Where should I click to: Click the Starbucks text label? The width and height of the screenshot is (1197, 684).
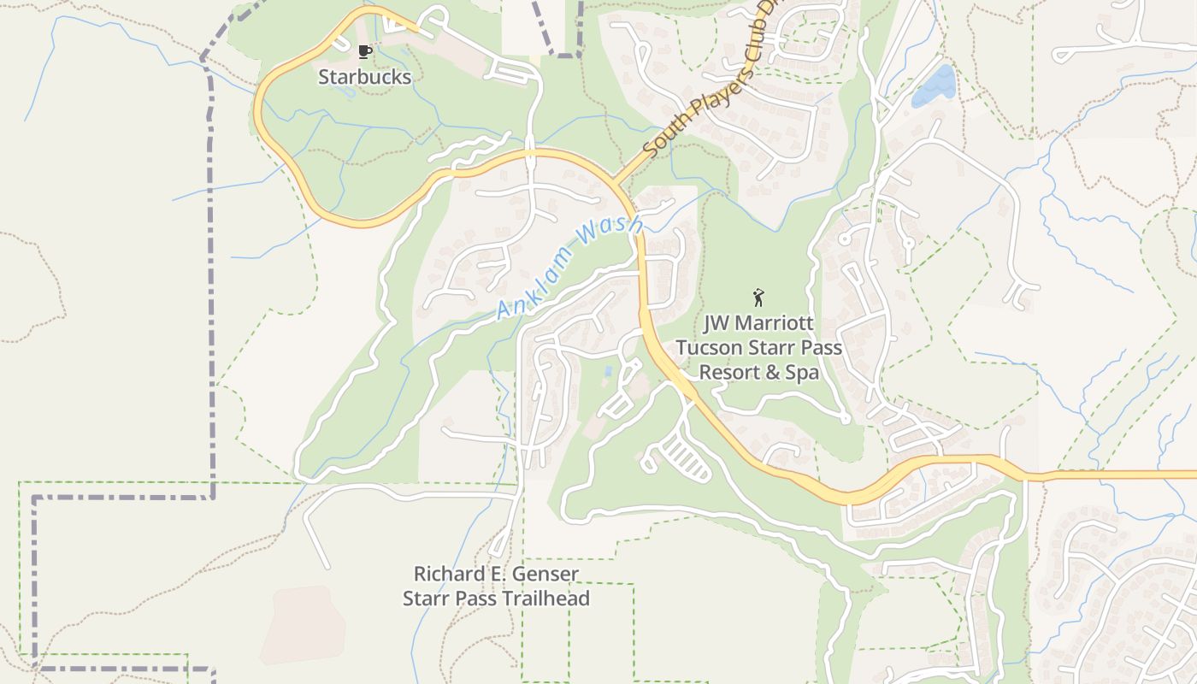click(364, 77)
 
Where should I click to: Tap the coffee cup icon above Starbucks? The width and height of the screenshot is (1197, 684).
click(365, 52)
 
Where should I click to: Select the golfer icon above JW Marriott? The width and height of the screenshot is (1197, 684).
click(758, 298)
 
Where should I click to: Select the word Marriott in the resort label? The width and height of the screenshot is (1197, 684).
click(775, 324)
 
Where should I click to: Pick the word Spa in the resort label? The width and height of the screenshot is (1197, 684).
click(801, 373)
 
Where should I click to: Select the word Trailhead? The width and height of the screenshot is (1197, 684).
click(544, 598)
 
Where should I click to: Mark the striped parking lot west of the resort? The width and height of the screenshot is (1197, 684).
click(684, 457)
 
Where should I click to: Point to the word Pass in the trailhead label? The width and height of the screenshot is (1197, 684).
click(473, 598)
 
